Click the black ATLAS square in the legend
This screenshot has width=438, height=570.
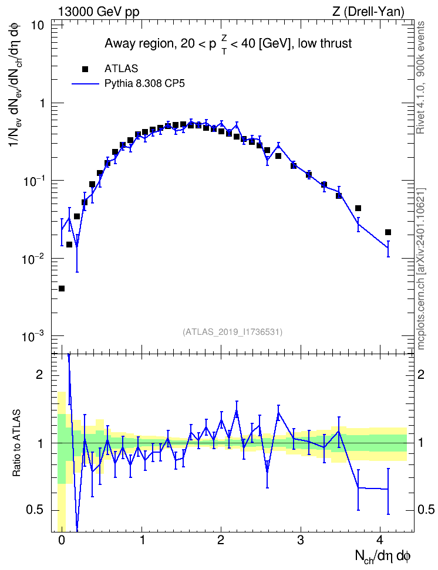click(85, 69)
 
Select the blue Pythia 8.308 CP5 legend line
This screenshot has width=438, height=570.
click(85, 84)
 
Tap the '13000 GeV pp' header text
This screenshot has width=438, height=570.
click(99, 12)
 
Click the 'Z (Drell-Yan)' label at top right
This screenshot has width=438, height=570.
click(368, 12)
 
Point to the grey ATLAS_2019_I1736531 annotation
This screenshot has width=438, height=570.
click(233, 332)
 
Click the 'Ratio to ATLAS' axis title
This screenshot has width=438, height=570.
click(16, 443)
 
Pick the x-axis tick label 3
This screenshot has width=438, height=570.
click(301, 540)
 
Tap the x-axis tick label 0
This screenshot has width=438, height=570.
click(62, 540)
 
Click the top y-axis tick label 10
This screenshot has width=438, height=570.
click(37, 26)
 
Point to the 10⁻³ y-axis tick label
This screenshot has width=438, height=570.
click(33, 336)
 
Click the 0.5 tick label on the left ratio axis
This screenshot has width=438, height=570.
click(35, 510)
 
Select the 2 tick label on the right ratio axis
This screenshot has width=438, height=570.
click(421, 375)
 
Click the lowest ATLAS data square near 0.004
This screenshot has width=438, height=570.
click(62, 289)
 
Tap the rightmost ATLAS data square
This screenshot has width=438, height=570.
click(388, 232)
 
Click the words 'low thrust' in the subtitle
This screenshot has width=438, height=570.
click(325, 43)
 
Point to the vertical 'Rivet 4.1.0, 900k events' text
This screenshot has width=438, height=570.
click(420, 78)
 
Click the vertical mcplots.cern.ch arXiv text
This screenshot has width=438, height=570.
click(421, 269)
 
